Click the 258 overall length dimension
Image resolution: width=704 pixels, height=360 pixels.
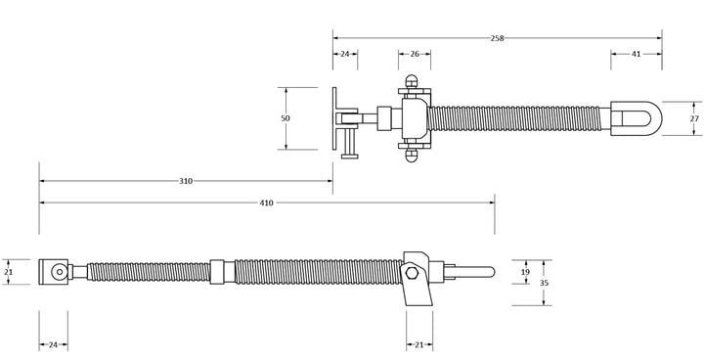pyautogui.click(x=499, y=37)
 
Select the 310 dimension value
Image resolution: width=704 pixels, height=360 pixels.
pyautogui.click(x=185, y=181)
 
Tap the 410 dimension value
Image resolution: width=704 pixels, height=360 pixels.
pyautogui.click(x=266, y=202)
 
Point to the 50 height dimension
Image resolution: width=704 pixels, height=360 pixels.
pyautogui.click(x=286, y=117)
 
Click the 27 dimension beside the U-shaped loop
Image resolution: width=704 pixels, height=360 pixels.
pyautogui.click(x=695, y=117)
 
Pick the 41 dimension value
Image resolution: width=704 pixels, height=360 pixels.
pyautogui.click(x=637, y=55)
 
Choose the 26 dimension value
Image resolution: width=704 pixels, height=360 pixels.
pyautogui.click(x=415, y=55)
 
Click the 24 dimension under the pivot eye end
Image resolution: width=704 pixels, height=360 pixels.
pyautogui.click(x=53, y=344)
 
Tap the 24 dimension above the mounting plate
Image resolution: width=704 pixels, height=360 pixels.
pyautogui.click(x=344, y=55)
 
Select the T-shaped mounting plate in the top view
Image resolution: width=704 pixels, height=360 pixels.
pyautogui.click(x=337, y=117)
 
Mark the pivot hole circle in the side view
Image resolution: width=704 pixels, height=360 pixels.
pyautogui.click(x=60, y=272)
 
